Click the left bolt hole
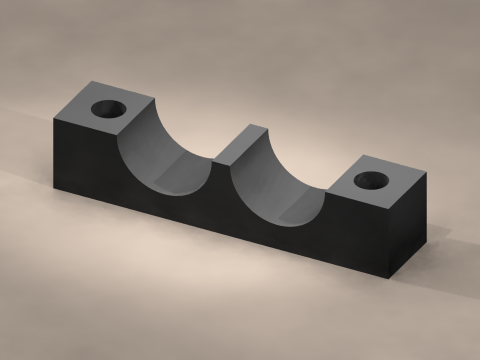pos(107,108)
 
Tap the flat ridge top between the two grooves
pos(241,144)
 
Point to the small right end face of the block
pos(410,224)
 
